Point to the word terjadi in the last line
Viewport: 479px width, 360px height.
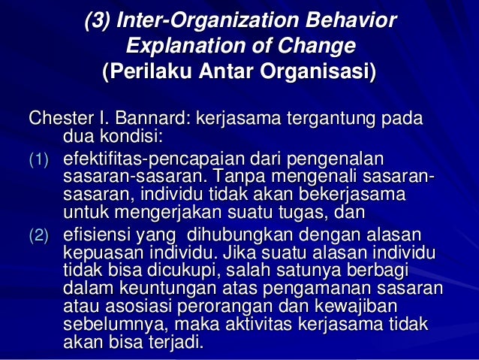pos(175,344)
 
